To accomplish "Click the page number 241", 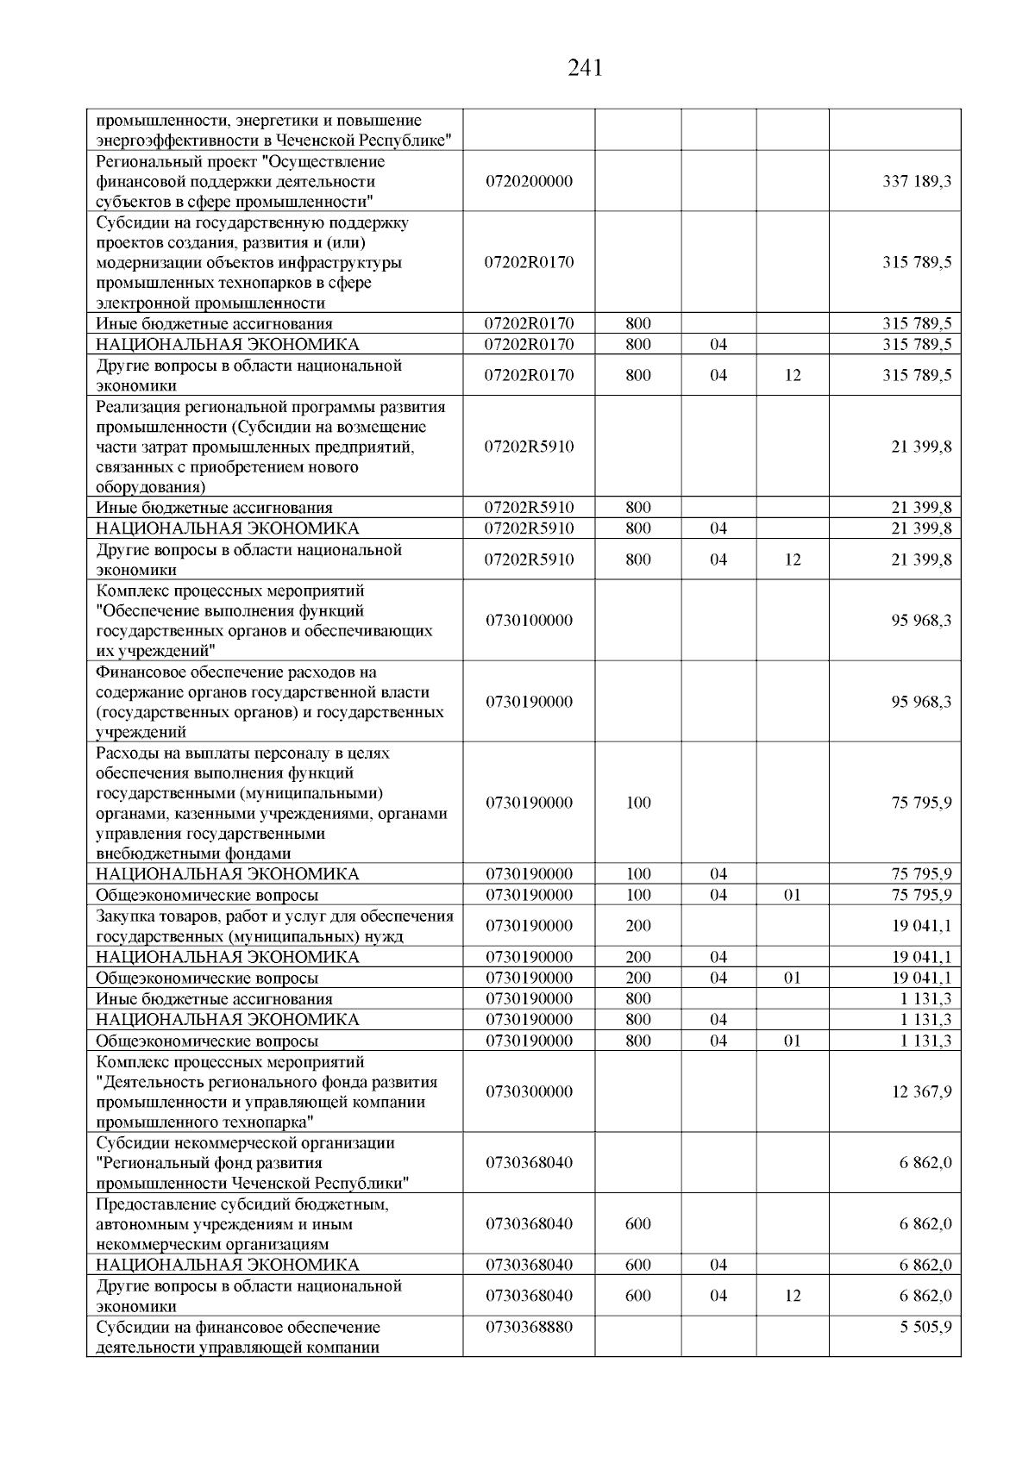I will pos(585,68).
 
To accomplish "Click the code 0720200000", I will pos(529,182).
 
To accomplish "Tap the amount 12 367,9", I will pos(921,1092).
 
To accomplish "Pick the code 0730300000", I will pos(529,1092).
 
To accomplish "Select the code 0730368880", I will pos(529,1327).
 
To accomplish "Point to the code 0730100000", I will pos(529,621).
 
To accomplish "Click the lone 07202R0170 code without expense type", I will pos(529,262).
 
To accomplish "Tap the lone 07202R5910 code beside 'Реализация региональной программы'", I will pos(529,447).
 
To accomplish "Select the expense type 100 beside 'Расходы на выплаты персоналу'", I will pos(638,803).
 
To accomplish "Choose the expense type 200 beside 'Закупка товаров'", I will pos(638,926).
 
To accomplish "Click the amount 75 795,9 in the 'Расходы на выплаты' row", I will pos(921,803).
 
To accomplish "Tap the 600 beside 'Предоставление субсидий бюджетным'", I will pos(638,1224).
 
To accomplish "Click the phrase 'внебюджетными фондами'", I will pos(193,854).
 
